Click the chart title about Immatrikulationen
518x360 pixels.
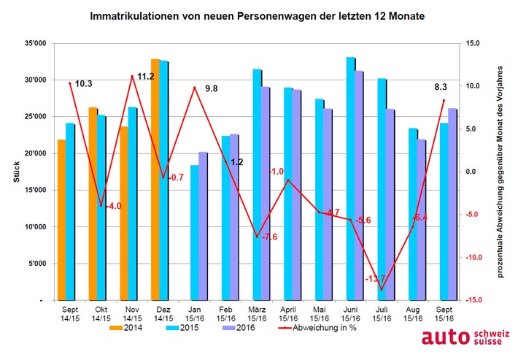[259, 15]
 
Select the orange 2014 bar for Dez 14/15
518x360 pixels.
[155, 179]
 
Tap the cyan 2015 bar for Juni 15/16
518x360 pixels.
[351, 178]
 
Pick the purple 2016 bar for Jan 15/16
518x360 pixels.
[204, 226]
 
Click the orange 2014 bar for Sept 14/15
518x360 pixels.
[61, 219]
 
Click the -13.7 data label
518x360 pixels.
[375, 280]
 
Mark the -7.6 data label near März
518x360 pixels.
[269, 237]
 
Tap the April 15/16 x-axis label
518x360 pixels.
[288, 314]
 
